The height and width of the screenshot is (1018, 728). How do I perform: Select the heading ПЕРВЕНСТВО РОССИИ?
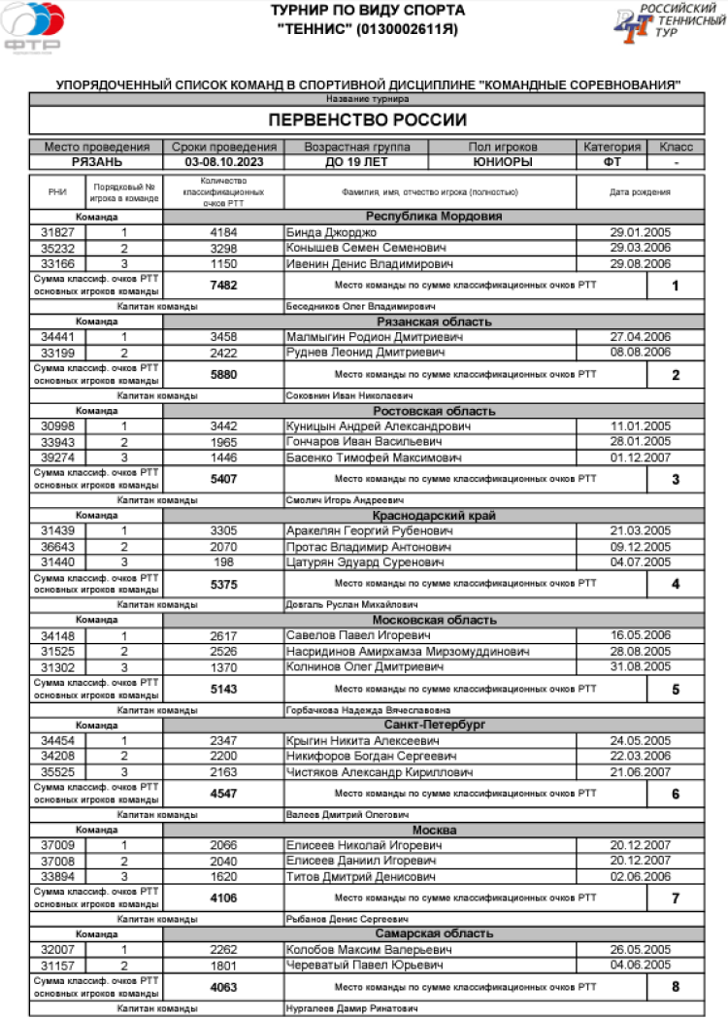pyautogui.click(x=367, y=120)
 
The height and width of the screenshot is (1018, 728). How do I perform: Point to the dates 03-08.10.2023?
pyautogui.click(x=223, y=162)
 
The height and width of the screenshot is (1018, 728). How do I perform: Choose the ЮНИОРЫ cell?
pyautogui.click(x=502, y=162)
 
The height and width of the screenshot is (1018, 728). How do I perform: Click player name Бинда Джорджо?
pyautogui.click(x=329, y=233)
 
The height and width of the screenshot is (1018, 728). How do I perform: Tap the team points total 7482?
pyautogui.click(x=223, y=285)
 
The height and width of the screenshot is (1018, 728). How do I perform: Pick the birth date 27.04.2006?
pyautogui.click(x=640, y=337)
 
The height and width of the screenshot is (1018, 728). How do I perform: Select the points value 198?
pyautogui.click(x=223, y=561)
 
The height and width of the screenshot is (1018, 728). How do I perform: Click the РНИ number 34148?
pyautogui.click(x=57, y=635)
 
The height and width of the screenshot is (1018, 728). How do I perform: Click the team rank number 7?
pyautogui.click(x=676, y=898)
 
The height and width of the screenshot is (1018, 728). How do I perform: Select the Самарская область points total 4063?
pyautogui.click(x=223, y=987)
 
